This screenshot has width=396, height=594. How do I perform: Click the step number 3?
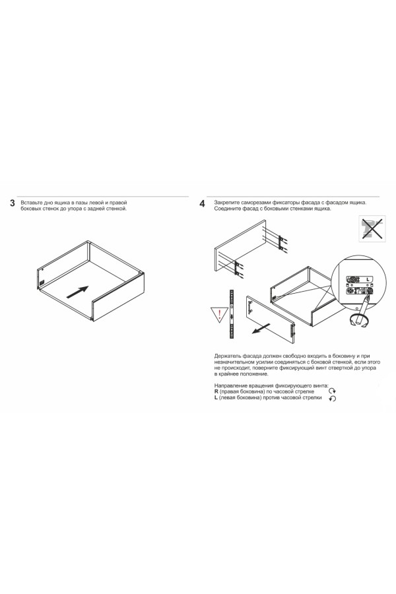pos(13,203)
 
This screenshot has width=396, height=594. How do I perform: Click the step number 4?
pos(203,204)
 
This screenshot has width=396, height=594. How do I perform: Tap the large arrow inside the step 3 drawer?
pos(78,292)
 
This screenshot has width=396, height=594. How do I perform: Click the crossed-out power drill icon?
pos(372,228)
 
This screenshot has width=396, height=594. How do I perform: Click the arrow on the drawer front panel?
pos(261,329)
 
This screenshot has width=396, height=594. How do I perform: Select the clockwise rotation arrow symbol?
pos(332,391)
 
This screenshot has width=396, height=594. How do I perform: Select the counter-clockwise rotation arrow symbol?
pos(333,399)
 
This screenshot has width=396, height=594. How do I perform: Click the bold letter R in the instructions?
pos(216,391)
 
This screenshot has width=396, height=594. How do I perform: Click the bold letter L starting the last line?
pos(216,398)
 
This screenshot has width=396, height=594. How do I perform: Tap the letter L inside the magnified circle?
pos(368,279)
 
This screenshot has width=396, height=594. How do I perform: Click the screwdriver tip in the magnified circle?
pos(368,293)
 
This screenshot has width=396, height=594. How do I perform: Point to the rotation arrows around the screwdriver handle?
pos(359,321)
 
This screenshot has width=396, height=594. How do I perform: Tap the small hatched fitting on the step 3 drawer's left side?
pos(42,283)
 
